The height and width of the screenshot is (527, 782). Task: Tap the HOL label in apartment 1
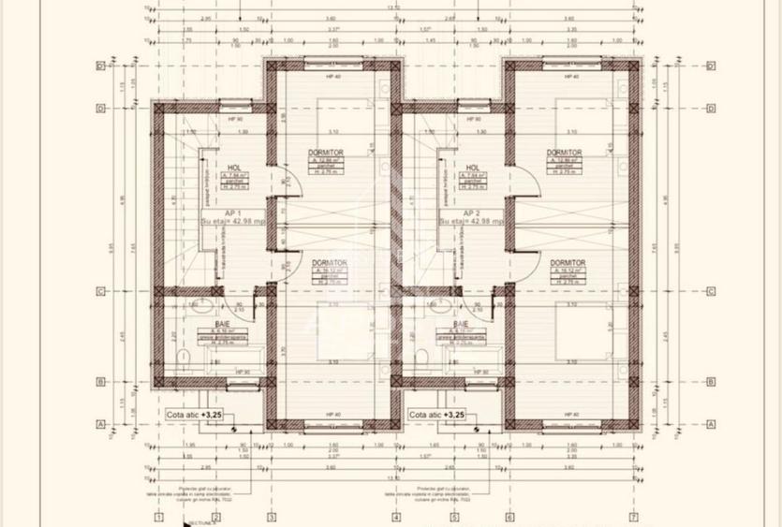[x=209, y=168]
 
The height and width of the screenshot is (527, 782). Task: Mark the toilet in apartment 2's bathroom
[x=423, y=357]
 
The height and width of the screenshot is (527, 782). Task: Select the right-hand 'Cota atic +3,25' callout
[x=437, y=413]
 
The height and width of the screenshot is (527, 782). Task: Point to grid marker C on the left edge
[x=99, y=291]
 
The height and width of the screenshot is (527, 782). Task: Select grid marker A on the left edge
[x=99, y=423]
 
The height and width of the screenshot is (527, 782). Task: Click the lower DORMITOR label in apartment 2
[x=568, y=263]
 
